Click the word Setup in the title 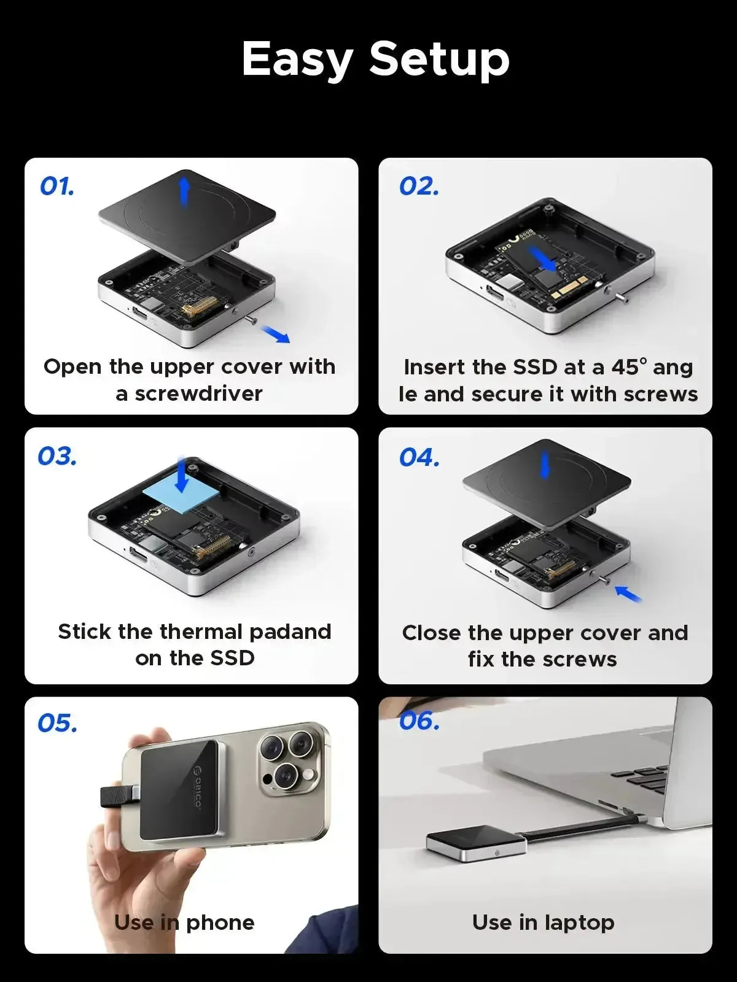coord(439,60)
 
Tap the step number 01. coord(57,187)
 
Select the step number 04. coord(419,457)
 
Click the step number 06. coord(419,721)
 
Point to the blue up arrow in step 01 coord(184,191)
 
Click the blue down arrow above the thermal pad coord(182,474)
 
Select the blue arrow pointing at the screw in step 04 coord(628,593)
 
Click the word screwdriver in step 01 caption coord(198,393)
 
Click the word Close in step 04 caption coord(432,633)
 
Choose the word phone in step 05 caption coord(220,922)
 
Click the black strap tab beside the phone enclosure coord(117,796)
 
